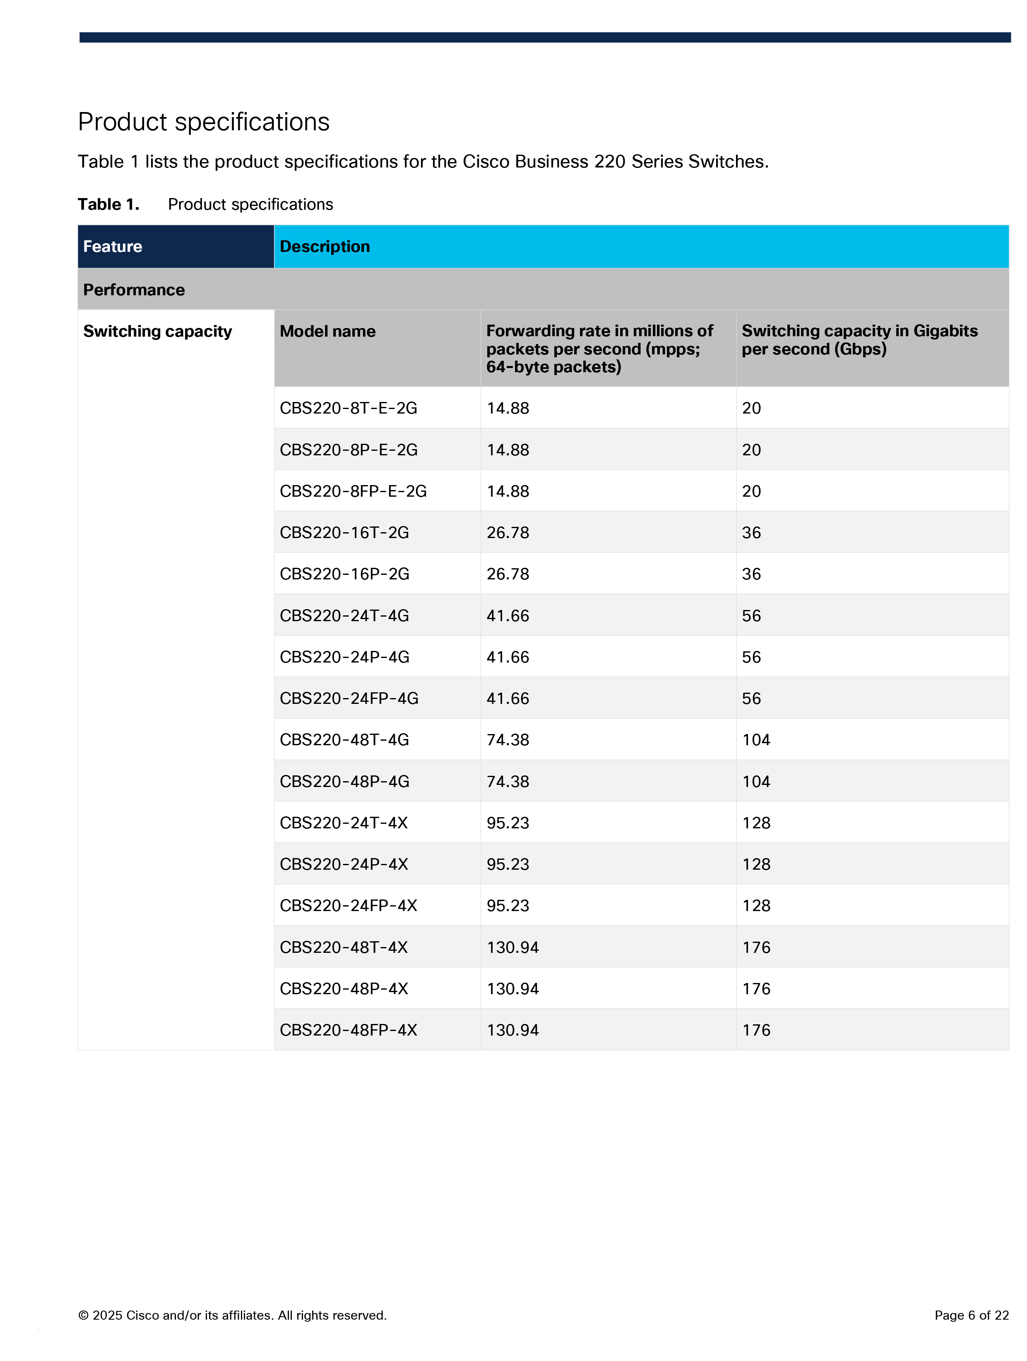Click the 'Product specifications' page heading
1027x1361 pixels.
pyautogui.click(x=203, y=122)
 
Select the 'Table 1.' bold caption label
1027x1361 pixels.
pyautogui.click(x=108, y=204)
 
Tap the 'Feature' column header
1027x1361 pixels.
pyautogui.click(x=113, y=247)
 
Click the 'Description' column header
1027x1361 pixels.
pyautogui.click(x=325, y=247)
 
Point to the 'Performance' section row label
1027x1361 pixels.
pyautogui.click(x=134, y=290)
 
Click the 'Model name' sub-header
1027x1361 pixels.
pyautogui.click(x=327, y=332)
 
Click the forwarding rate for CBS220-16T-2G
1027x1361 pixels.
pyautogui.click(x=507, y=533)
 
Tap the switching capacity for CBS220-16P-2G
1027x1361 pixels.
pyautogui.click(x=751, y=574)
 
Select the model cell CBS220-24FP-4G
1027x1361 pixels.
pyautogui.click(x=349, y=698)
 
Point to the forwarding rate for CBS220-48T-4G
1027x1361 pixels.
pyautogui.click(x=507, y=739)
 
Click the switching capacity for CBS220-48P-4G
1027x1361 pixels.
pyautogui.click(x=756, y=781)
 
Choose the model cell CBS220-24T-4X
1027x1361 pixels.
pyautogui.click(x=344, y=823)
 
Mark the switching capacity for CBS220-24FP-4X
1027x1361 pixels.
pyautogui.click(x=756, y=906)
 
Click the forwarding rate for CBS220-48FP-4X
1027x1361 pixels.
pyautogui.click(x=512, y=1030)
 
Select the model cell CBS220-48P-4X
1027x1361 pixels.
pyautogui.click(x=344, y=989)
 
